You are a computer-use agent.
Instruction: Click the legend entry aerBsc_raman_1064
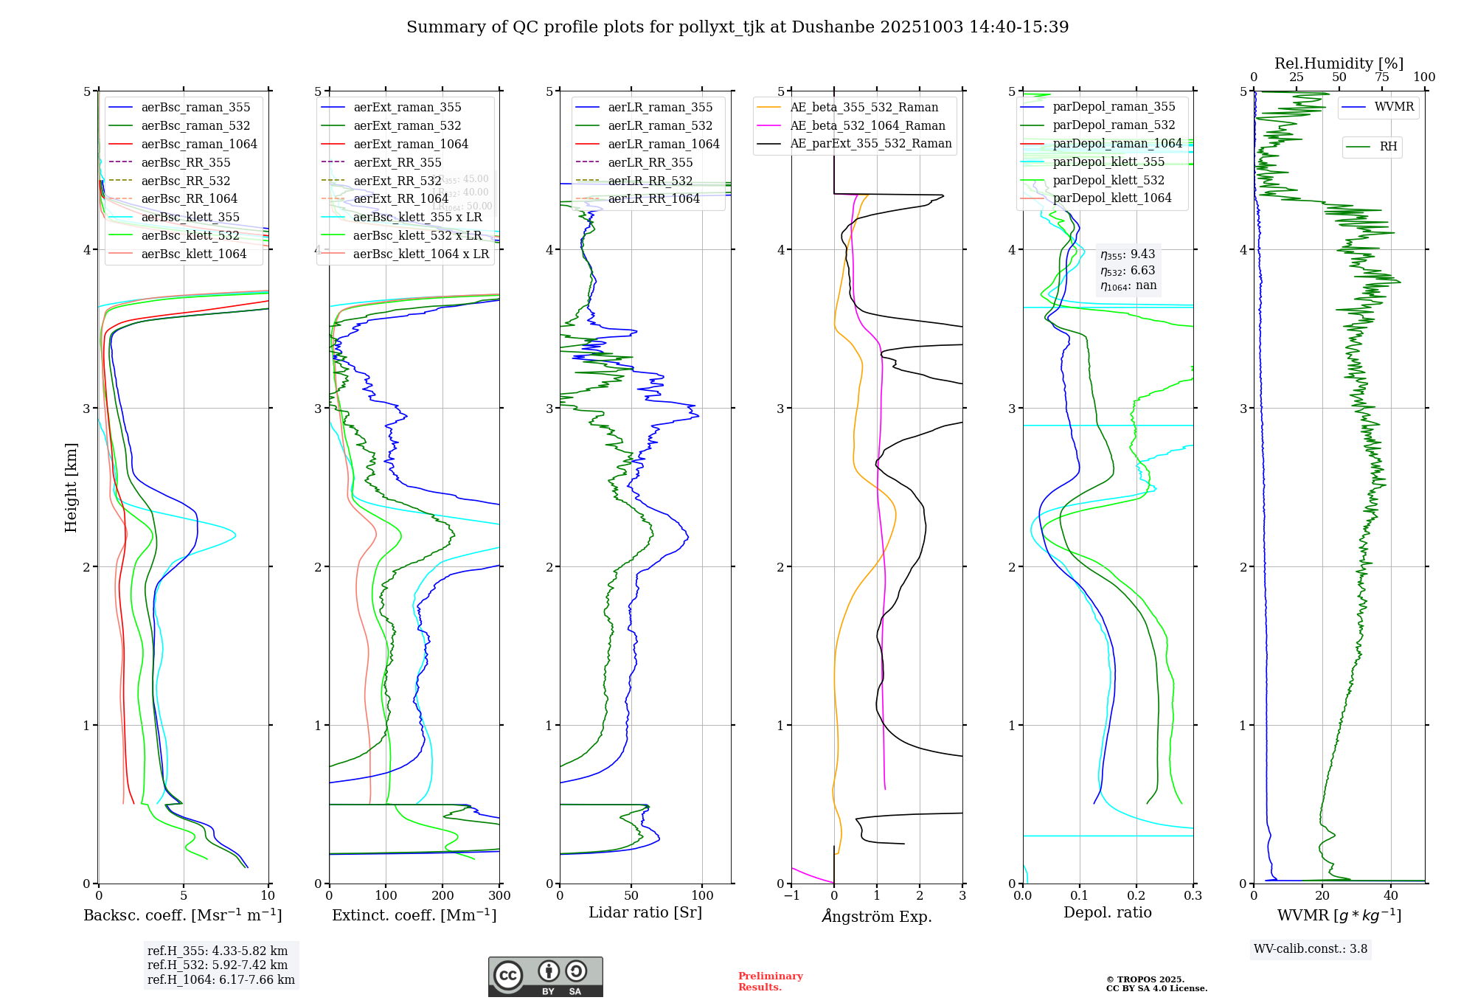pyautogui.click(x=199, y=144)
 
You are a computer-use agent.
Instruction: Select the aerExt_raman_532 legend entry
pyautogui.click(x=407, y=125)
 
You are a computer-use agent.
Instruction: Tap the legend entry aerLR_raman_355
pyautogui.click(x=660, y=107)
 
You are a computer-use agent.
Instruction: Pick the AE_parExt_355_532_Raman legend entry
pyautogui.click(x=870, y=143)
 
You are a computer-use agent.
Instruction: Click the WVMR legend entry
pyautogui.click(x=1394, y=107)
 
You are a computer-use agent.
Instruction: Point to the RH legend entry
pyautogui.click(x=1388, y=147)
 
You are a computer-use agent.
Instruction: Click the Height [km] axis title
pyautogui.click(x=71, y=487)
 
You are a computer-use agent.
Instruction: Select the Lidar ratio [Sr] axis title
pyautogui.click(x=645, y=912)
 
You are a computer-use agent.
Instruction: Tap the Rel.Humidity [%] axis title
pyautogui.click(x=1339, y=63)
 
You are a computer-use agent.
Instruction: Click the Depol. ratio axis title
pyautogui.click(x=1107, y=912)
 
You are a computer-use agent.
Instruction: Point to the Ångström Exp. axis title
pyautogui.click(x=877, y=916)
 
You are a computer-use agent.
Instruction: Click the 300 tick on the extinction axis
pyautogui.click(x=499, y=895)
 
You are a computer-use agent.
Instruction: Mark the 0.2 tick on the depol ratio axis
pyautogui.click(x=1136, y=895)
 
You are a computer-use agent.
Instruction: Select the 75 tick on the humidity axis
pyautogui.click(x=1381, y=77)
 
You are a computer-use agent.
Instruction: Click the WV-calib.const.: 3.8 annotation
pyautogui.click(x=1311, y=949)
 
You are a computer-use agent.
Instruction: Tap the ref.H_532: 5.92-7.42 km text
pyautogui.click(x=218, y=965)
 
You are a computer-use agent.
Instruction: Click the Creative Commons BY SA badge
pyautogui.click(x=545, y=976)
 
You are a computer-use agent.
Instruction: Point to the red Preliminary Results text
pyautogui.click(x=770, y=982)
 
